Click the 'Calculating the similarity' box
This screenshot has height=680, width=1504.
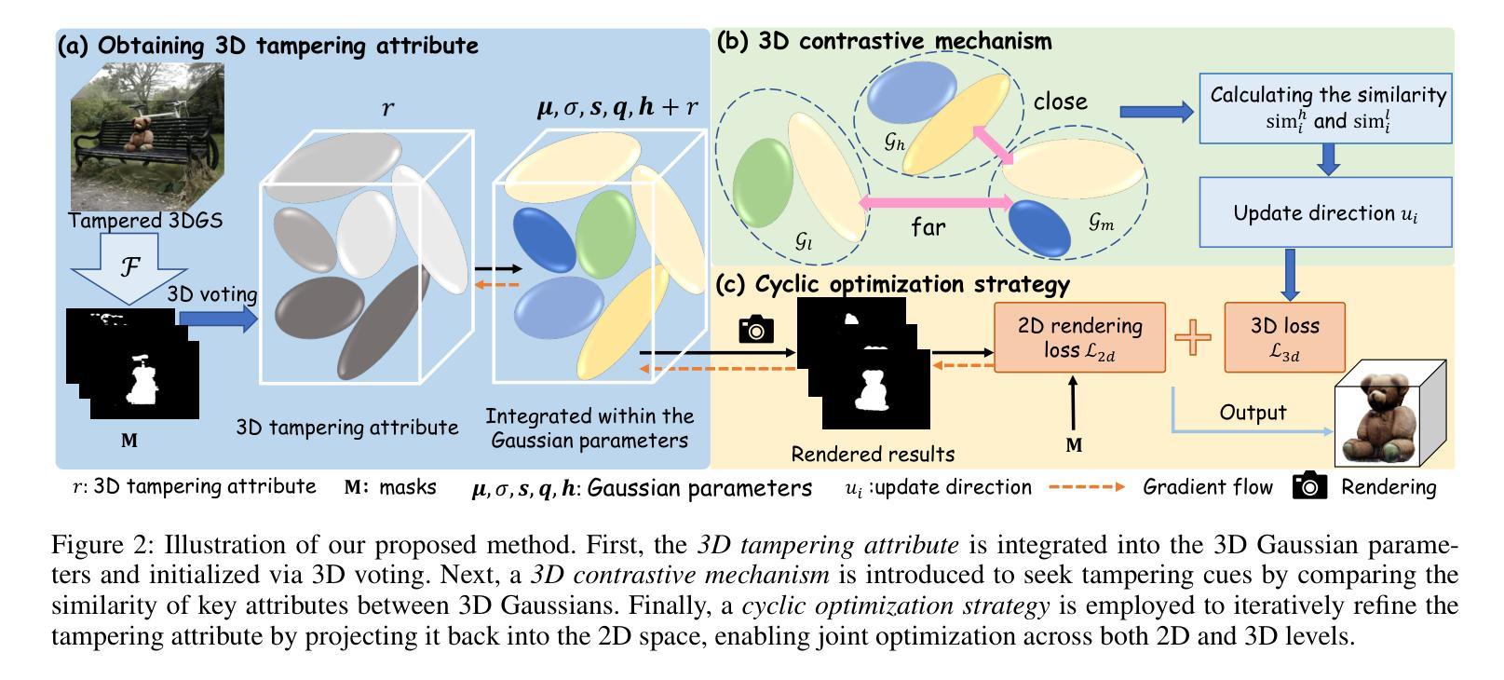point(1325,108)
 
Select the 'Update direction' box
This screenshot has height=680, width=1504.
point(1325,212)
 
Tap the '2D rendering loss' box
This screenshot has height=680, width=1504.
point(1079,337)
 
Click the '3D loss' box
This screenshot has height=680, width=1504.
point(1284,337)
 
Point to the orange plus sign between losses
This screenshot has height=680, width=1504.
point(1193,337)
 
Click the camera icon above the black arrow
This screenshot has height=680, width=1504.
point(756,329)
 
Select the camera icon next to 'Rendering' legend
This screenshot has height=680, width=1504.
point(1309,486)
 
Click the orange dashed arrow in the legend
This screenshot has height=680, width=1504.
point(1086,486)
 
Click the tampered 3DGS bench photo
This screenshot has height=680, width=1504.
point(147,134)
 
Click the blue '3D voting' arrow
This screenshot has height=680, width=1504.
point(216,320)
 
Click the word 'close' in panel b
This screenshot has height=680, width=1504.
point(1060,101)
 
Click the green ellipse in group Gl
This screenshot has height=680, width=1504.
point(763,183)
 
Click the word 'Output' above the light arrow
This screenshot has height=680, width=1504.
point(1253,412)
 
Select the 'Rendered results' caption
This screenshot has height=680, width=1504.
point(873,455)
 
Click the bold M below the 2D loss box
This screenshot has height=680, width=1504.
point(1074,445)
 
